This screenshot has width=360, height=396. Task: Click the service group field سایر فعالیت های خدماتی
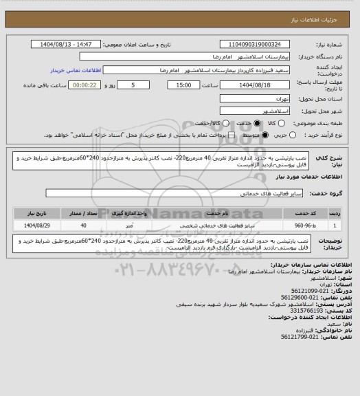coord(192,195)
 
